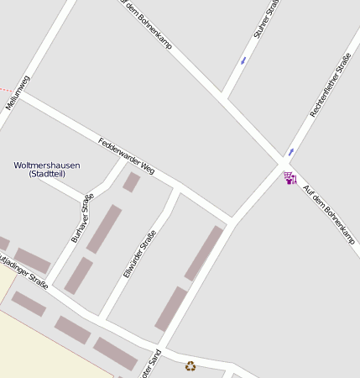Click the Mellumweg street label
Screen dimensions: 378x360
pyautogui.click(x=18, y=91)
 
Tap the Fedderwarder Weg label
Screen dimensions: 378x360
pyautogui.click(x=127, y=155)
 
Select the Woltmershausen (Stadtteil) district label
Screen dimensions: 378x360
pyautogui.click(x=47, y=170)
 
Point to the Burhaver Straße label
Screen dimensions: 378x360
pyautogui.click(x=82, y=218)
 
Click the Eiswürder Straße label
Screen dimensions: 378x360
pyautogui.click(x=139, y=254)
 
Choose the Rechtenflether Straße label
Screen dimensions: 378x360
pyautogui.click(x=330, y=85)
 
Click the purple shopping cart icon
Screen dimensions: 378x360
pyautogui.click(x=290, y=178)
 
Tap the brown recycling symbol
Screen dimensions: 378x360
pyautogui.click(x=190, y=365)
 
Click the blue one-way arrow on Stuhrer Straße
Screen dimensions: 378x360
pyautogui.click(x=243, y=60)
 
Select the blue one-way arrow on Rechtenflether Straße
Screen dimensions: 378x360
pyautogui.click(x=290, y=152)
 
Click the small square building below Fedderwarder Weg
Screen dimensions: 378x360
pyautogui.click(x=132, y=182)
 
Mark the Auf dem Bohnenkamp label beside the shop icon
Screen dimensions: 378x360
pyautogui.click(x=328, y=214)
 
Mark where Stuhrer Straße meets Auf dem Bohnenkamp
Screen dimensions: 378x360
pyautogui.click(x=224, y=97)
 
